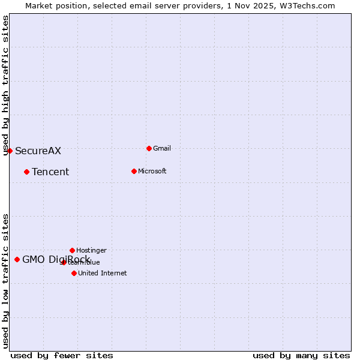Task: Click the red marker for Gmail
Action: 149,148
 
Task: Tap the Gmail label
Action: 162,148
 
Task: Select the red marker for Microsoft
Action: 134,171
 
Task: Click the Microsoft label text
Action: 152,171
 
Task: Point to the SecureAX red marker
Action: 10,151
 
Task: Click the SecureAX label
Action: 38,151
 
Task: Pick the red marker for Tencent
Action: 26,172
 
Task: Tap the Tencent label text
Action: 50,172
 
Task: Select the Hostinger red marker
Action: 72,250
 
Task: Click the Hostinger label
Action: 91,250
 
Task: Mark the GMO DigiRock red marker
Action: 17,259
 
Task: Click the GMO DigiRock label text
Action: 56,259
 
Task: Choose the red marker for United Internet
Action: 74,273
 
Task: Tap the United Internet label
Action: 102,273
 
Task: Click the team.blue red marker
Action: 64,262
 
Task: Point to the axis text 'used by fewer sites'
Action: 62,355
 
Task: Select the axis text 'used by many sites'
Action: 301,355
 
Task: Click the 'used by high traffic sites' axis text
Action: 5,85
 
